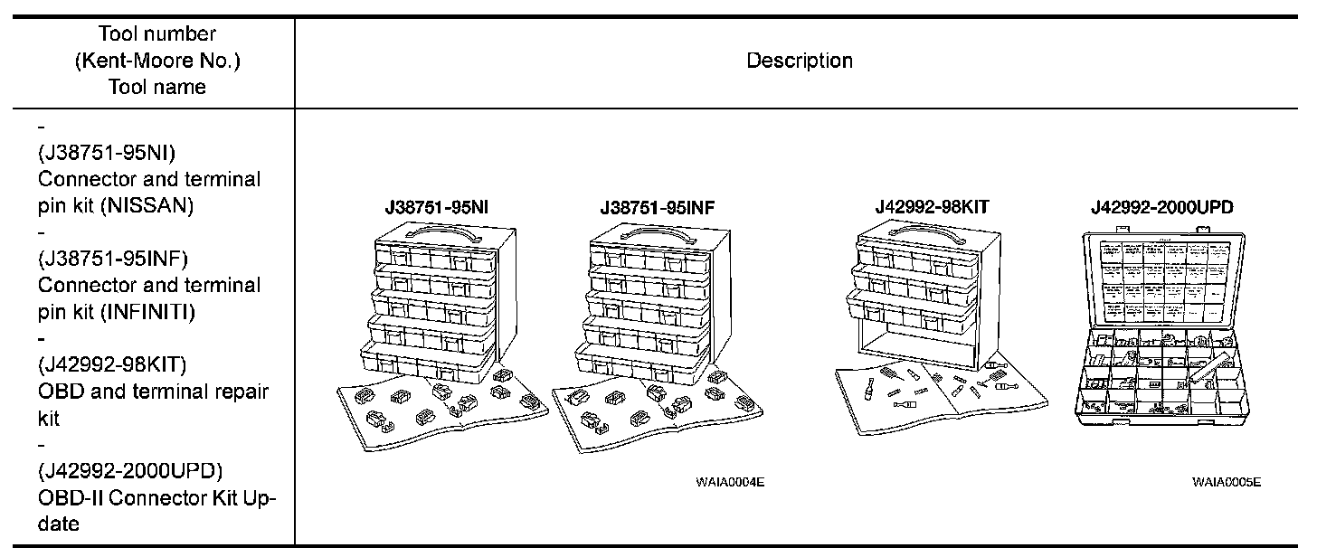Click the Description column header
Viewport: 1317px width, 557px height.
click(799, 61)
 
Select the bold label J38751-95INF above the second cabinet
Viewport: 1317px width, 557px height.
click(658, 208)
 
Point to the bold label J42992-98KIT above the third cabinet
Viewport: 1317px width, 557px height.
click(932, 207)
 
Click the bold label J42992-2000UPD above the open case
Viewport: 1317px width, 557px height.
click(1161, 208)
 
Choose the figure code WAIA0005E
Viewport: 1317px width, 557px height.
click(1226, 482)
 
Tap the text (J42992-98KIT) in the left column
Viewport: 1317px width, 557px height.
click(112, 364)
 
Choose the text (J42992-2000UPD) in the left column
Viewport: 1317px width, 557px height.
click(131, 471)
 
